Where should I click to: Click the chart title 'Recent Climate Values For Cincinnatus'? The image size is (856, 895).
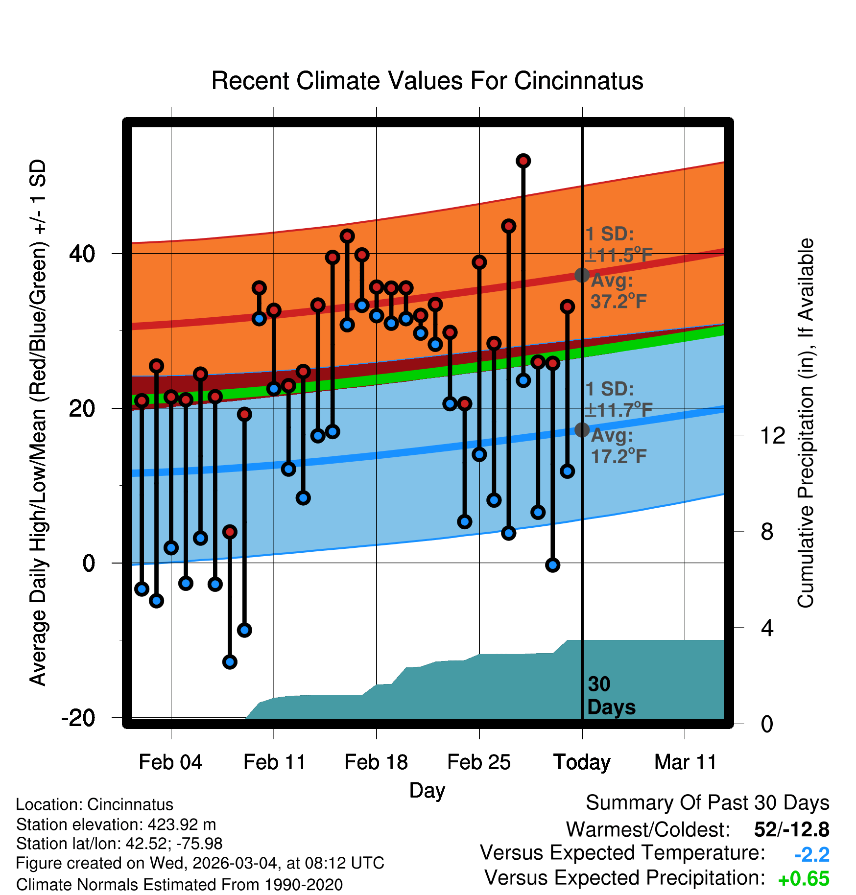tap(427, 81)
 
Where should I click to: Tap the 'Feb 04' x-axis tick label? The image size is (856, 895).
tap(170, 762)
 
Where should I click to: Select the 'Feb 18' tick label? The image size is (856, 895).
tap(376, 762)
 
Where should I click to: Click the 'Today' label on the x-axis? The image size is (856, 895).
tap(582, 762)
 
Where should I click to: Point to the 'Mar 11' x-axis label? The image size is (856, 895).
tap(685, 762)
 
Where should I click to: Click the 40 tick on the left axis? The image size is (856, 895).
tap(82, 254)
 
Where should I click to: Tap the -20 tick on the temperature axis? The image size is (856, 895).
tap(78, 718)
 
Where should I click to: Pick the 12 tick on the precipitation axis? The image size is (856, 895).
tap(773, 435)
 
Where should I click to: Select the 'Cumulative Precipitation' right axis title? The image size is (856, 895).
tap(806, 424)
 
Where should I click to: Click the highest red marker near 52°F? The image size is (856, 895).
tap(523, 161)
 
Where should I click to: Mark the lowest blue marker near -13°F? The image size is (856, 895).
tap(230, 662)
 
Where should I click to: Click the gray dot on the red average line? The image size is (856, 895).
tap(582, 275)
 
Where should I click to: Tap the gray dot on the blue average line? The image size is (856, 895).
tap(582, 430)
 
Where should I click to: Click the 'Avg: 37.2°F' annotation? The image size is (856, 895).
tap(618, 291)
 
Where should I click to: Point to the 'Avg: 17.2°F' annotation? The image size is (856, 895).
tap(618, 446)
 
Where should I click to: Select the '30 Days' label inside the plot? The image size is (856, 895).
tap(611, 696)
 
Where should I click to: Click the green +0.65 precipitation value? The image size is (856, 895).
tap(804, 879)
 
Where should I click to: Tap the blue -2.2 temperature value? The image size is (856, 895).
tap(811, 854)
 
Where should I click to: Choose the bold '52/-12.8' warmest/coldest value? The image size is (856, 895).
tap(791, 829)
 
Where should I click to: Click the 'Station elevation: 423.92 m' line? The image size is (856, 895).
tap(116, 824)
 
